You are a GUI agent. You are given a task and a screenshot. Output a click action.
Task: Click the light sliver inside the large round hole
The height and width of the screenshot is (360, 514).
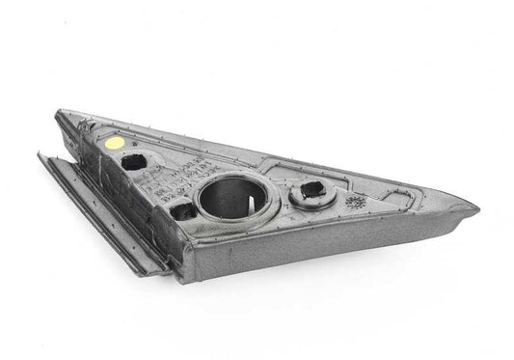pyautogui.click(x=249, y=204)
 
